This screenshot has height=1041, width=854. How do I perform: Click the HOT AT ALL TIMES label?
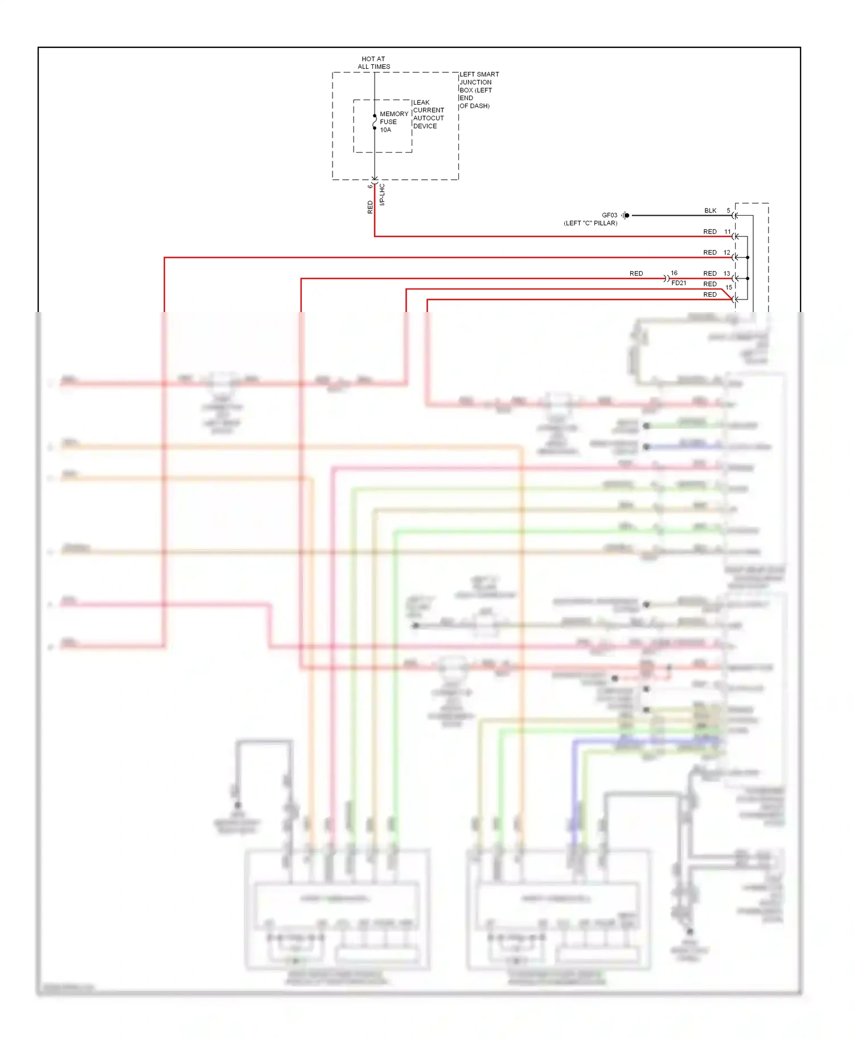point(374,63)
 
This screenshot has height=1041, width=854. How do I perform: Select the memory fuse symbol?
point(375,122)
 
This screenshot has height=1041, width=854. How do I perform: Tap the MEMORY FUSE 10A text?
point(394,122)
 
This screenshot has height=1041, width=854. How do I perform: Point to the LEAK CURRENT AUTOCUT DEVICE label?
point(428,114)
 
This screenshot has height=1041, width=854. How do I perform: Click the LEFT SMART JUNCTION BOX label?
point(479,90)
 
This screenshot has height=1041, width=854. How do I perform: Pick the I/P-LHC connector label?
point(382,195)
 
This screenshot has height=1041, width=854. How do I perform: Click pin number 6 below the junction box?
point(370,186)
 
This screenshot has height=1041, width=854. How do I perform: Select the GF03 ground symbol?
point(626,215)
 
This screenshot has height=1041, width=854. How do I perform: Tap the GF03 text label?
point(609,215)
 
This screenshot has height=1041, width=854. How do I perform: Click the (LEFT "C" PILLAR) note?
point(590,223)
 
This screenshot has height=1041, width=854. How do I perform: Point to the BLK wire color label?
point(710,211)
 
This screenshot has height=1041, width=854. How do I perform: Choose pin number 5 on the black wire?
point(728,211)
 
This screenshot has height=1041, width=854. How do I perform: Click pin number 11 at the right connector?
point(727,232)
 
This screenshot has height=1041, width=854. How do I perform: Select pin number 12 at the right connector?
point(726,252)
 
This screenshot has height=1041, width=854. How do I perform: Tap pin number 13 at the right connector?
point(726,273)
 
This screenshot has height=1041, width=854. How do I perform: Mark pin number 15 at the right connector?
point(729,288)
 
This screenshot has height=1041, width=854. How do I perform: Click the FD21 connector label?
point(679,283)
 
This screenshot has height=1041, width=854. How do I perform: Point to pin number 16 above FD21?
point(674,273)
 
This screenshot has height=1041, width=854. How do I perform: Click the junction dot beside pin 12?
point(748,257)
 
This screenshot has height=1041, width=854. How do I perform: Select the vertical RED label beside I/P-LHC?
point(370,207)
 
